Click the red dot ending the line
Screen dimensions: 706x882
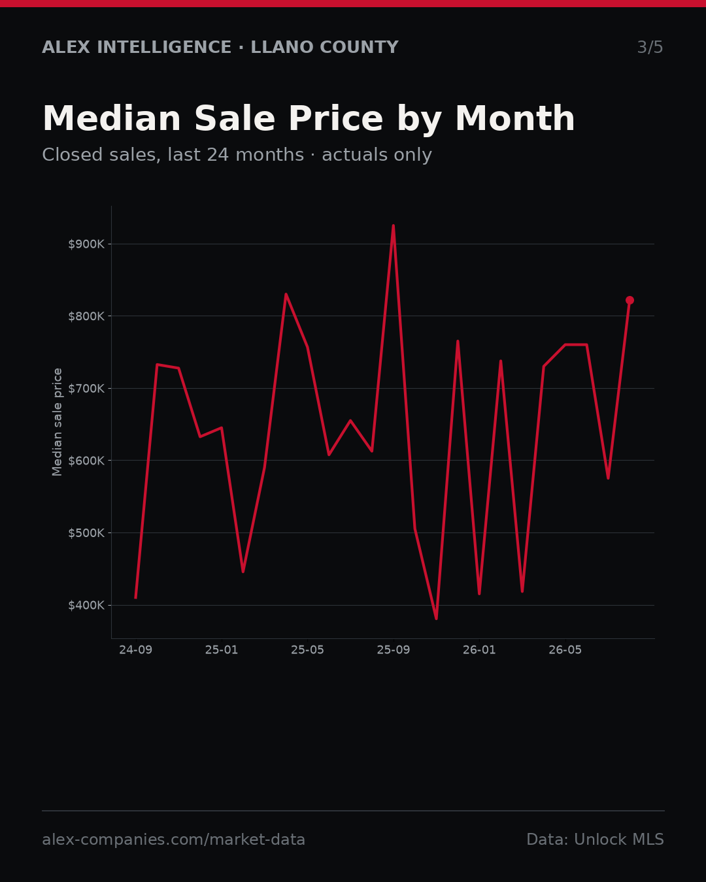[630, 301]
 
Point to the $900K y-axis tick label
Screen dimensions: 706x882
[86, 244]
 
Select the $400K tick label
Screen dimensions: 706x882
[86, 606]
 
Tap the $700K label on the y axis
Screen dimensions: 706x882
[86, 389]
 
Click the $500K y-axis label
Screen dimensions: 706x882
[86, 533]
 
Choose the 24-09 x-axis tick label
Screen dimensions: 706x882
[136, 650]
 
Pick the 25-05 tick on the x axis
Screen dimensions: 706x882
[308, 650]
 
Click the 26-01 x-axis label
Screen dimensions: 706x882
[480, 650]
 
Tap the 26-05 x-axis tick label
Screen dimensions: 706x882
[565, 650]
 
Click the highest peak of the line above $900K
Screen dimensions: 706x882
[394, 225]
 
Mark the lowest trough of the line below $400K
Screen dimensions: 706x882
[436, 619]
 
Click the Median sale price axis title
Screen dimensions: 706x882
[57, 422]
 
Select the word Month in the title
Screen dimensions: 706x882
[515, 119]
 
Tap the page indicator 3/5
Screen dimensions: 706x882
[650, 47]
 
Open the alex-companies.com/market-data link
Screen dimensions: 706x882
[173, 840]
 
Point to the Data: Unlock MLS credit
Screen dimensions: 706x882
[596, 840]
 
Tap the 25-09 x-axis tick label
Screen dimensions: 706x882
[394, 650]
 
